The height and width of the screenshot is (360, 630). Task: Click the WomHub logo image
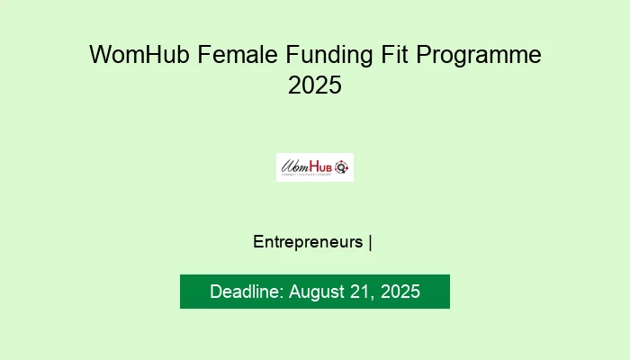pos(314,166)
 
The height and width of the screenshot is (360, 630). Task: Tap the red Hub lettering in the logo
pos(320,165)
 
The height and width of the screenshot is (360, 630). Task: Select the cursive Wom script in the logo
pos(294,166)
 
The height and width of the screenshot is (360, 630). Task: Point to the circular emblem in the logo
pos(341,166)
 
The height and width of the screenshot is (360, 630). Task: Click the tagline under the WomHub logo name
pos(308,175)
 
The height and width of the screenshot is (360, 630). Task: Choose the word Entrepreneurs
pos(309,242)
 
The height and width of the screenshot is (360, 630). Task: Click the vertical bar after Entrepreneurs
pos(371,242)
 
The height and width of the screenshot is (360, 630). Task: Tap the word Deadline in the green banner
pos(246,292)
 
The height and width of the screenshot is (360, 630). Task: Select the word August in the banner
pos(318,292)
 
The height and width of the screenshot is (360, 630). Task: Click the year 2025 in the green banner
pos(400,292)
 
